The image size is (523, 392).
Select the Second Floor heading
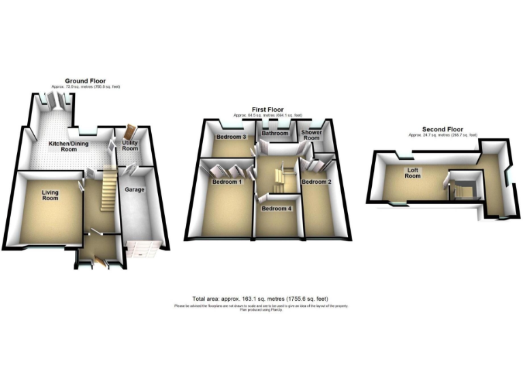(x=443, y=129)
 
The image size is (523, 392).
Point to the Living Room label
(x=50, y=196)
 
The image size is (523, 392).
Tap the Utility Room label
(x=130, y=146)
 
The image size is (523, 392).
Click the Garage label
(x=134, y=189)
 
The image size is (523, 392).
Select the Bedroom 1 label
(x=227, y=182)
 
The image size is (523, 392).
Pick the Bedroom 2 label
(x=316, y=182)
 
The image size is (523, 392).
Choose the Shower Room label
(x=311, y=135)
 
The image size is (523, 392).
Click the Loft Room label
(x=413, y=173)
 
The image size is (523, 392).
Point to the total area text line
(x=261, y=299)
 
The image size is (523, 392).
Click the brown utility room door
(x=131, y=133)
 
